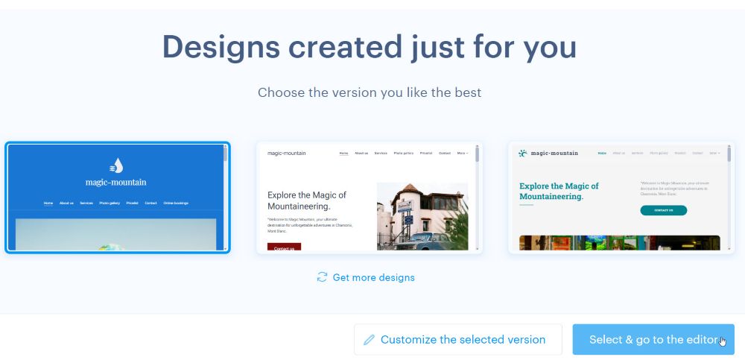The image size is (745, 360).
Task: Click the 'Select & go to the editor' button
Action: coord(653,339)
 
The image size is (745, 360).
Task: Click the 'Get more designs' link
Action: coord(373,277)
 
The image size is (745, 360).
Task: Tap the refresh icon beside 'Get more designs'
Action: coord(322,277)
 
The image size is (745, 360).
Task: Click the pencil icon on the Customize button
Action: coord(369,340)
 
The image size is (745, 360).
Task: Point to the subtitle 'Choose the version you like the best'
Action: coord(370,92)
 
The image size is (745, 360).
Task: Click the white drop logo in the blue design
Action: coord(116,165)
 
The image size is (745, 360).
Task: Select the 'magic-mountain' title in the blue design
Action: coord(115,182)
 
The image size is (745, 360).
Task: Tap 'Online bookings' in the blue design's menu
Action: coord(178,203)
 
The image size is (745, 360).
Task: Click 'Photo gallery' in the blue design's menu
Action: coord(110,203)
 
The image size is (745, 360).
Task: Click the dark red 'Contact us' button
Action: coord(284,247)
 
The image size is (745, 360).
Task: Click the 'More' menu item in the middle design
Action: coord(462,153)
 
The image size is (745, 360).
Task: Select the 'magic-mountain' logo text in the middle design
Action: coord(286,153)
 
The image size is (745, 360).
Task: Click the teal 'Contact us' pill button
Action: coord(663,210)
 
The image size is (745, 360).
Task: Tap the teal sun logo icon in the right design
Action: coord(523,153)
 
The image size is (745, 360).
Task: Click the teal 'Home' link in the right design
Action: coord(602,153)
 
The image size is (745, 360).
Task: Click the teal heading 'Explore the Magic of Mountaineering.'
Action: coord(559,192)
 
